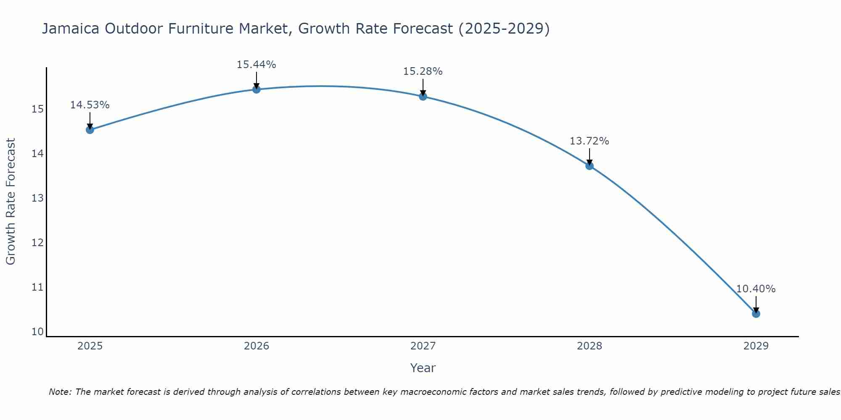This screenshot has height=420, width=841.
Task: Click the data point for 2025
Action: pyautogui.click(x=90, y=130)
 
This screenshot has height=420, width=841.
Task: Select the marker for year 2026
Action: pyautogui.click(x=257, y=89)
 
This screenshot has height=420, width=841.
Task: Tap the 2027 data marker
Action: pyautogui.click(x=423, y=96)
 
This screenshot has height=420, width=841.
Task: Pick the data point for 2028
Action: pyautogui.click(x=590, y=166)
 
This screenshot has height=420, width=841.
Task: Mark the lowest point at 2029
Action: pyautogui.click(x=756, y=314)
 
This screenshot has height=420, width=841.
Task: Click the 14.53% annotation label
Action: pyautogui.click(x=90, y=105)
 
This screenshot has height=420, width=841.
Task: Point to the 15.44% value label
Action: pyautogui.click(x=256, y=65)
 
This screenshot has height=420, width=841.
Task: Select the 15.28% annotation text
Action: pyautogui.click(x=423, y=71)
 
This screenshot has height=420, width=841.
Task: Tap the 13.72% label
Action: pyautogui.click(x=589, y=141)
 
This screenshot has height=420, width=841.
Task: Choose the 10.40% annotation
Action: pyautogui.click(x=756, y=289)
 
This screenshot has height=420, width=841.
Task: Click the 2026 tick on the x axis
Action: pyautogui.click(x=257, y=346)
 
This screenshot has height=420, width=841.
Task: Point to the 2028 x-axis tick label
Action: pyautogui.click(x=590, y=346)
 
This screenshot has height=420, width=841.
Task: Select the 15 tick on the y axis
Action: pyautogui.click(x=37, y=109)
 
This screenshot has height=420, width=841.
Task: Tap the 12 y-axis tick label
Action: pyautogui.click(x=37, y=243)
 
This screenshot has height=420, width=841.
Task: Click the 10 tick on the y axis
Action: pyautogui.click(x=37, y=332)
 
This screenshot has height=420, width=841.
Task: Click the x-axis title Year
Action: pyautogui.click(x=423, y=368)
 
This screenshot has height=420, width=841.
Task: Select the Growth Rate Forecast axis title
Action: pyautogui.click(x=11, y=202)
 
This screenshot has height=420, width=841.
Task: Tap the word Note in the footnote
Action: pyautogui.click(x=60, y=392)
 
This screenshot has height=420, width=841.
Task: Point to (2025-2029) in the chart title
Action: pyautogui.click(x=504, y=29)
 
